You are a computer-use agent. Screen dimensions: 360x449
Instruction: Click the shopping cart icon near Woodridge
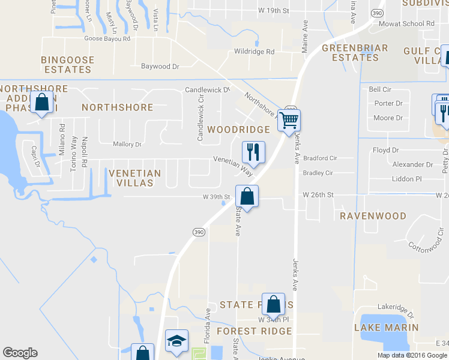289,120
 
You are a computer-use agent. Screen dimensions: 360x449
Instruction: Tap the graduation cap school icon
176,340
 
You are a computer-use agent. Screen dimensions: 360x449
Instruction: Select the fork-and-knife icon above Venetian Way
253,151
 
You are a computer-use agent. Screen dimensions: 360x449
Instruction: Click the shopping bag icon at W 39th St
247,195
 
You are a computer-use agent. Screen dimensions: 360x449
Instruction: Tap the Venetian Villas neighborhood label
135,178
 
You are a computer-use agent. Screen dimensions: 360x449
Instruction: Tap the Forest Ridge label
254,331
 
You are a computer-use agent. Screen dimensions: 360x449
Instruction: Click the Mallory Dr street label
127,144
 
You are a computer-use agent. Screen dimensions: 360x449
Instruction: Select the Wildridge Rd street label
254,52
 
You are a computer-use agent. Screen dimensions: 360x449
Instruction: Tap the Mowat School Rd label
406,24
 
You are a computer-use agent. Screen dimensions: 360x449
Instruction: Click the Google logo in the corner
20,353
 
